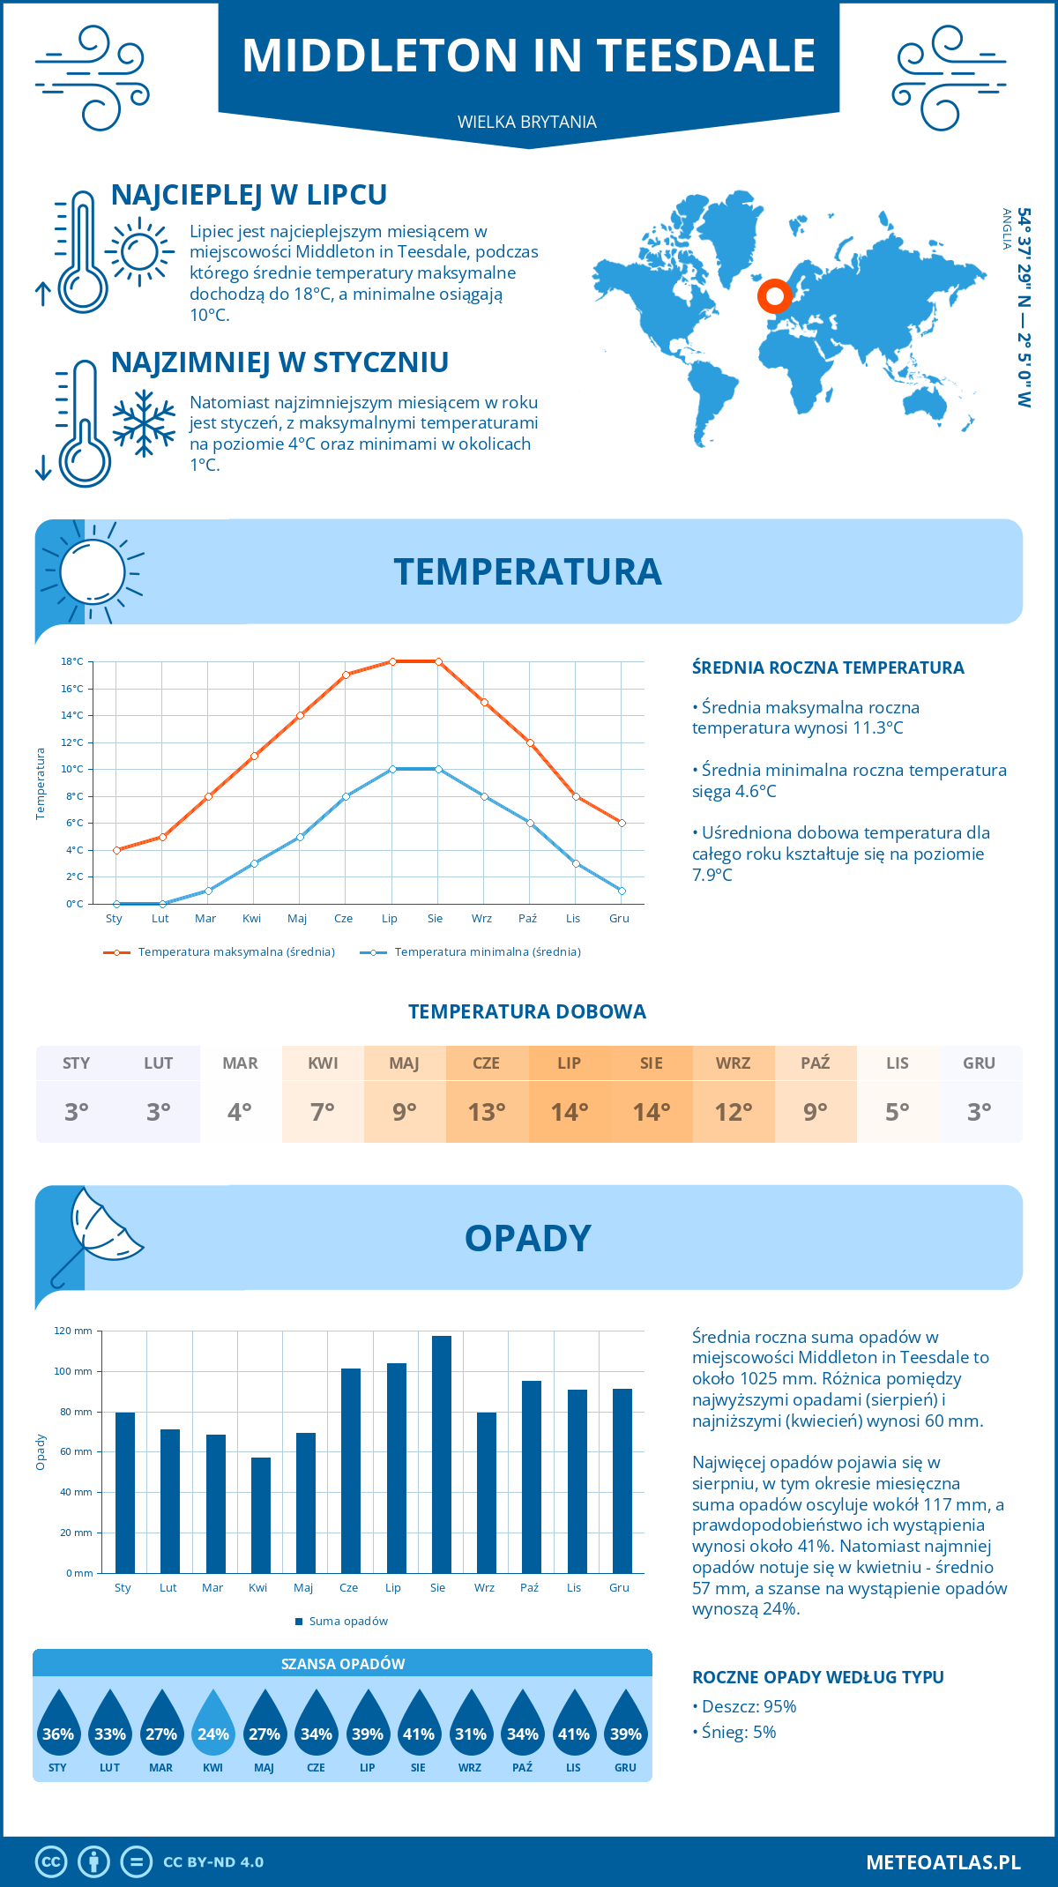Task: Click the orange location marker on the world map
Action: [775, 296]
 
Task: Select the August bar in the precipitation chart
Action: [441, 1455]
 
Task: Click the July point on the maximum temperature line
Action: [392, 661]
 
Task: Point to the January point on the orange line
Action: [116, 850]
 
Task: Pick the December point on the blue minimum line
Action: [622, 891]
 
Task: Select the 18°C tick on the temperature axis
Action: [72, 661]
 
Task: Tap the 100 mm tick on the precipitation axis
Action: [73, 1371]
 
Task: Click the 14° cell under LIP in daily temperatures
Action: [569, 1112]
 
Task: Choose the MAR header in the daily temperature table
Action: [240, 1063]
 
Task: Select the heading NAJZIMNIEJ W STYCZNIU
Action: [279, 362]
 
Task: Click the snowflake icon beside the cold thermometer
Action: [144, 423]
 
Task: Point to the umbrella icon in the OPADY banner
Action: [97, 1234]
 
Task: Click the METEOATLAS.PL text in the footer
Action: [943, 1862]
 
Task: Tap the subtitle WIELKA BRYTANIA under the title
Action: [527, 123]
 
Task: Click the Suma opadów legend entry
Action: [347, 1622]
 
